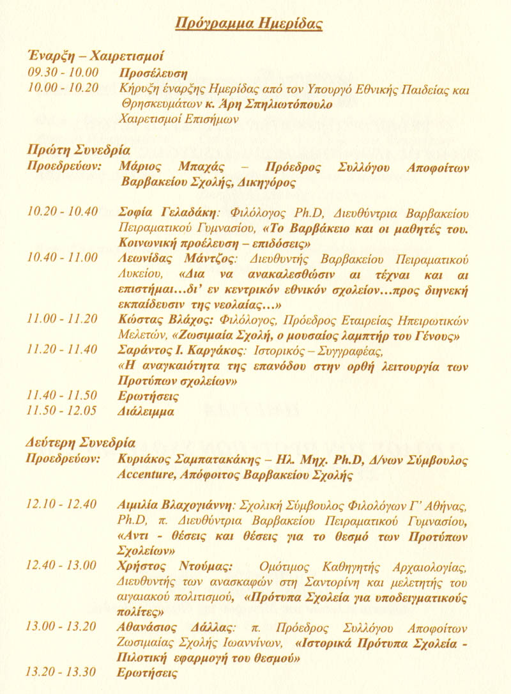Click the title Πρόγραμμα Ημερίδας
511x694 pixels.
(249, 24)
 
